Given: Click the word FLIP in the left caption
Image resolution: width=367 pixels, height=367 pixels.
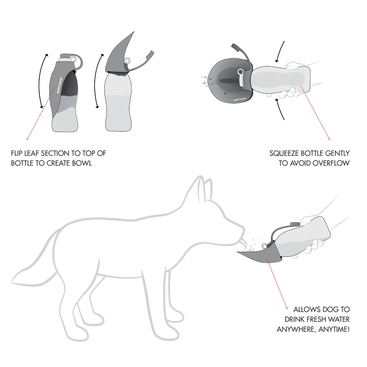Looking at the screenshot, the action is point(17,153).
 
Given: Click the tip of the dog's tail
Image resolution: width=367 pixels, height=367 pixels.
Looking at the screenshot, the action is point(12,283).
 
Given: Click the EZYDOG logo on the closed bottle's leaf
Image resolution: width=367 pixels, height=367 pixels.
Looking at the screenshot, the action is point(59,85).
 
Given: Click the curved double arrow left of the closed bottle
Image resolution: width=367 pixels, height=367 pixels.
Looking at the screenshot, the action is point(39,81).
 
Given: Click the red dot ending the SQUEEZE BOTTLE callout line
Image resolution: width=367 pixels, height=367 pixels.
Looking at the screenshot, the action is point(329,139).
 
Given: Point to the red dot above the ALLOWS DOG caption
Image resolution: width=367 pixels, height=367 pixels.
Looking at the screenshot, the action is point(287,308).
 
